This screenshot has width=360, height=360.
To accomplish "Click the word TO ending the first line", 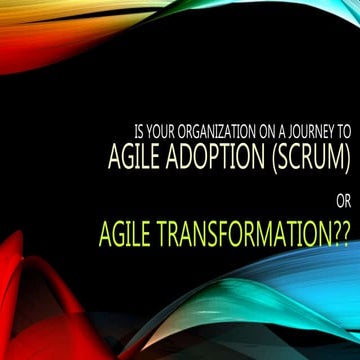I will [x=343, y=131].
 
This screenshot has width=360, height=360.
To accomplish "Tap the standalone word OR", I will [x=342, y=199].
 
